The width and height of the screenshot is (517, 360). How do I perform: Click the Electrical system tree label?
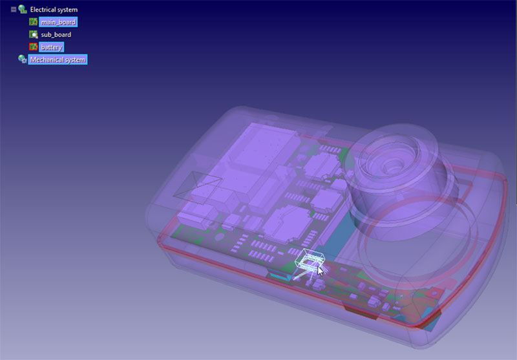coord(53,10)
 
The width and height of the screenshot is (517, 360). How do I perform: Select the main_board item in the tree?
coord(58,22)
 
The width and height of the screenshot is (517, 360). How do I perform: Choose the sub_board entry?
coord(56,34)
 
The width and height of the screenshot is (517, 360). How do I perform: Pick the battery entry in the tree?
coord(52,47)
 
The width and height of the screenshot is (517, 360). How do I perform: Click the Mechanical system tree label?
coord(58,59)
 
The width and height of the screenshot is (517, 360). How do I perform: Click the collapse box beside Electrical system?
coord(14,10)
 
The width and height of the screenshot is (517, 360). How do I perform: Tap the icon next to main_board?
coord(34,22)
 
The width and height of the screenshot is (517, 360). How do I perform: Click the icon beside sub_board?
coord(34,34)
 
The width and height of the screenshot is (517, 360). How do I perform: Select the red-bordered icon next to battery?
coord(34,47)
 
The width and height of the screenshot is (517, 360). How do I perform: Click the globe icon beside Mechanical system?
coord(23,59)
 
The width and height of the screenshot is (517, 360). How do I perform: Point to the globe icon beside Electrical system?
coord(23,10)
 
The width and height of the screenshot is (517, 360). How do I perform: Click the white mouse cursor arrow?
coord(320,270)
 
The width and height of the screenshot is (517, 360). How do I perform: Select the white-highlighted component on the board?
coord(309,260)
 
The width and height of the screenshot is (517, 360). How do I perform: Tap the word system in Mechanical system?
coord(74,59)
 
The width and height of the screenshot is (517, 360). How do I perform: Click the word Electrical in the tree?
coord(45,10)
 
